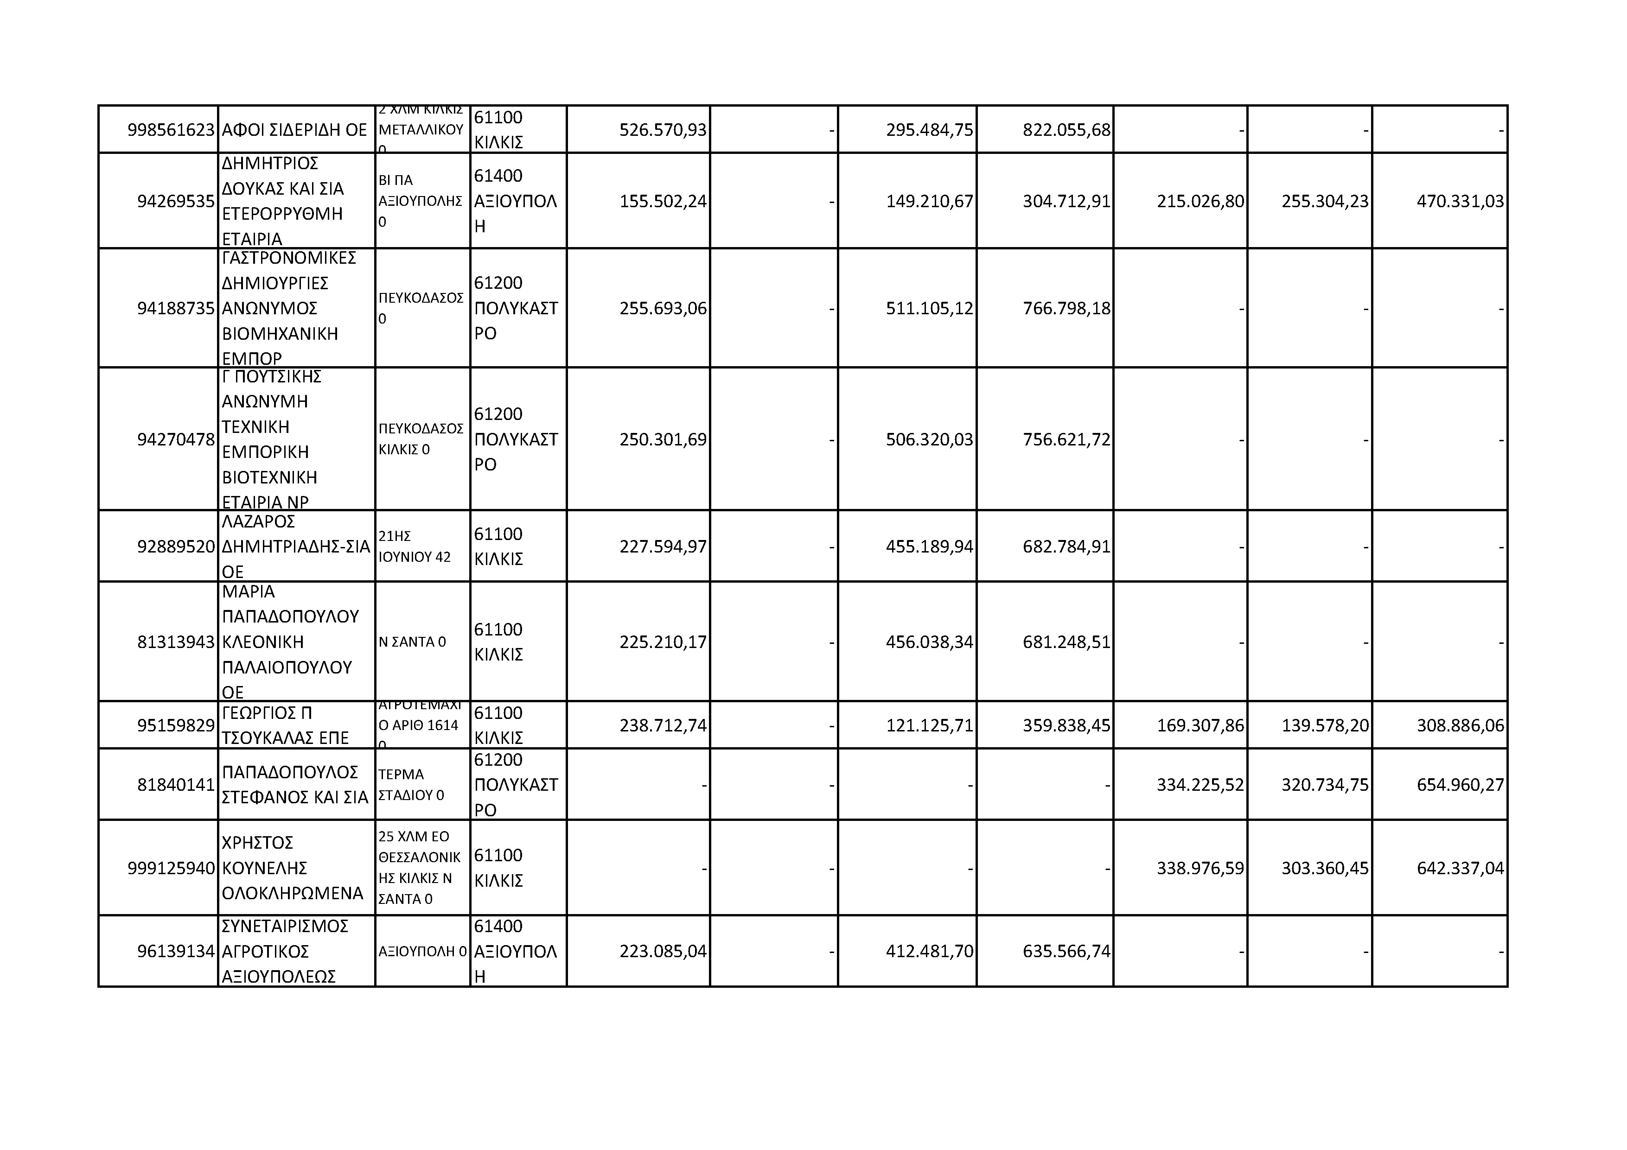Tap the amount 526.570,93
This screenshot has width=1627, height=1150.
(x=663, y=130)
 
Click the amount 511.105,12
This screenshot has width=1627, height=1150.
(x=929, y=309)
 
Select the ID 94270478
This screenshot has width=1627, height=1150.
(x=176, y=440)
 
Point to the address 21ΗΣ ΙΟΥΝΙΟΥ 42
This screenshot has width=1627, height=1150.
(x=415, y=547)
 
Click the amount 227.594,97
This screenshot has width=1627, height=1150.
(x=663, y=547)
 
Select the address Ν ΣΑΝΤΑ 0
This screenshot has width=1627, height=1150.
(x=412, y=642)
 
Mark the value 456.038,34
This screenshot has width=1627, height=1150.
(x=929, y=642)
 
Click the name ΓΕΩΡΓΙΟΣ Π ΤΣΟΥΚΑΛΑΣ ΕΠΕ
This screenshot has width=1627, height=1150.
(x=286, y=725)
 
